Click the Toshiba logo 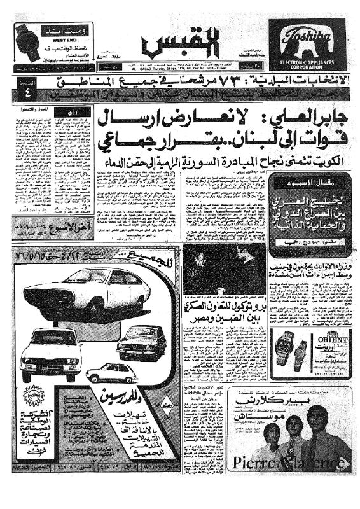303,35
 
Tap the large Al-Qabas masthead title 167,45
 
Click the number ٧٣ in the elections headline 202,82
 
